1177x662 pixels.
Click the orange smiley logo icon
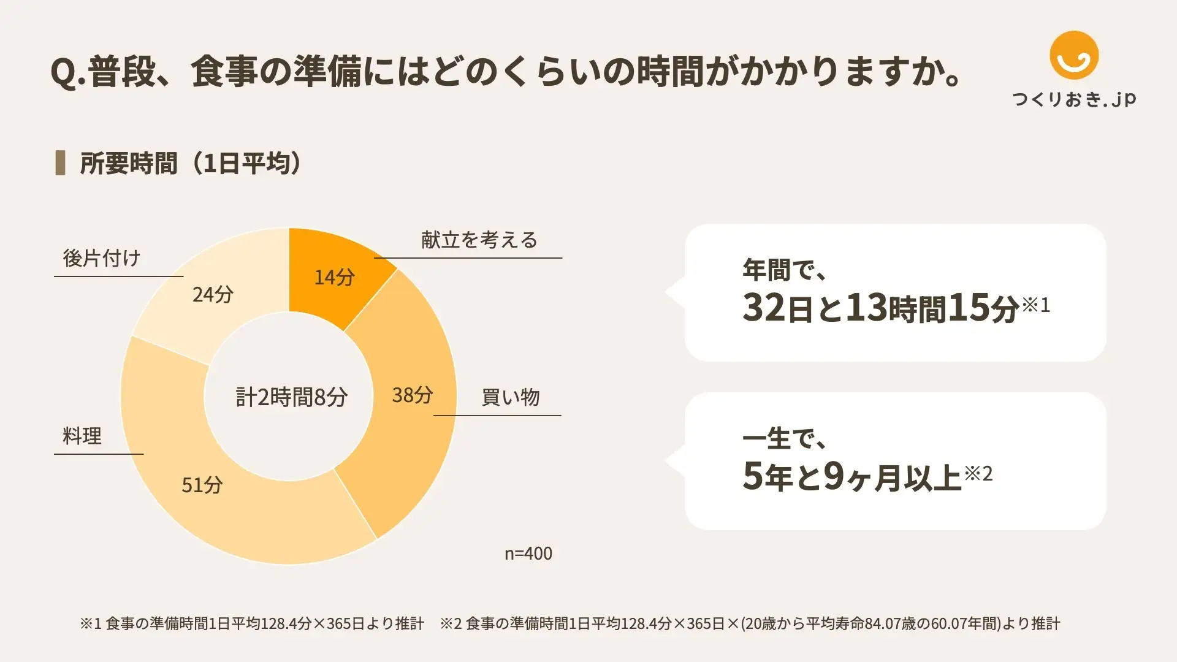click(1073, 55)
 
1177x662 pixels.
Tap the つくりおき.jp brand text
click(1074, 99)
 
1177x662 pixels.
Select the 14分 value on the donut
click(334, 277)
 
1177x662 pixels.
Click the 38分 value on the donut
click(412, 395)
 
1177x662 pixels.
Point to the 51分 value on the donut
click(202, 485)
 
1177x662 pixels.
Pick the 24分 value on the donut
click(213, 294)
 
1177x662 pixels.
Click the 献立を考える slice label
click(479, 240)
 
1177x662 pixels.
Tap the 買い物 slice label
click(510, 397)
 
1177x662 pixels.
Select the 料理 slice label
click(82, 436)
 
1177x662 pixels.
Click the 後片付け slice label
click(102, 258)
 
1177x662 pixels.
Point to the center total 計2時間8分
click(291, 397)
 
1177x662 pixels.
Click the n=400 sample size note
click(528, 554)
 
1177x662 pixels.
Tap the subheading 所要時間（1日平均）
click(191, 163)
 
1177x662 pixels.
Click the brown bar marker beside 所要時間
click(60, 163)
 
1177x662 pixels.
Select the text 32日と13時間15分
click(880, 307)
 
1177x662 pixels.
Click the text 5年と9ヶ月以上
click(851, 476)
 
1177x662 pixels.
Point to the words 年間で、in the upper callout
click(785, 270)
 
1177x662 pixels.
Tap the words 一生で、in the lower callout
click(785, 438)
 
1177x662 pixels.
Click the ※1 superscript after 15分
click(1036, 304)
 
